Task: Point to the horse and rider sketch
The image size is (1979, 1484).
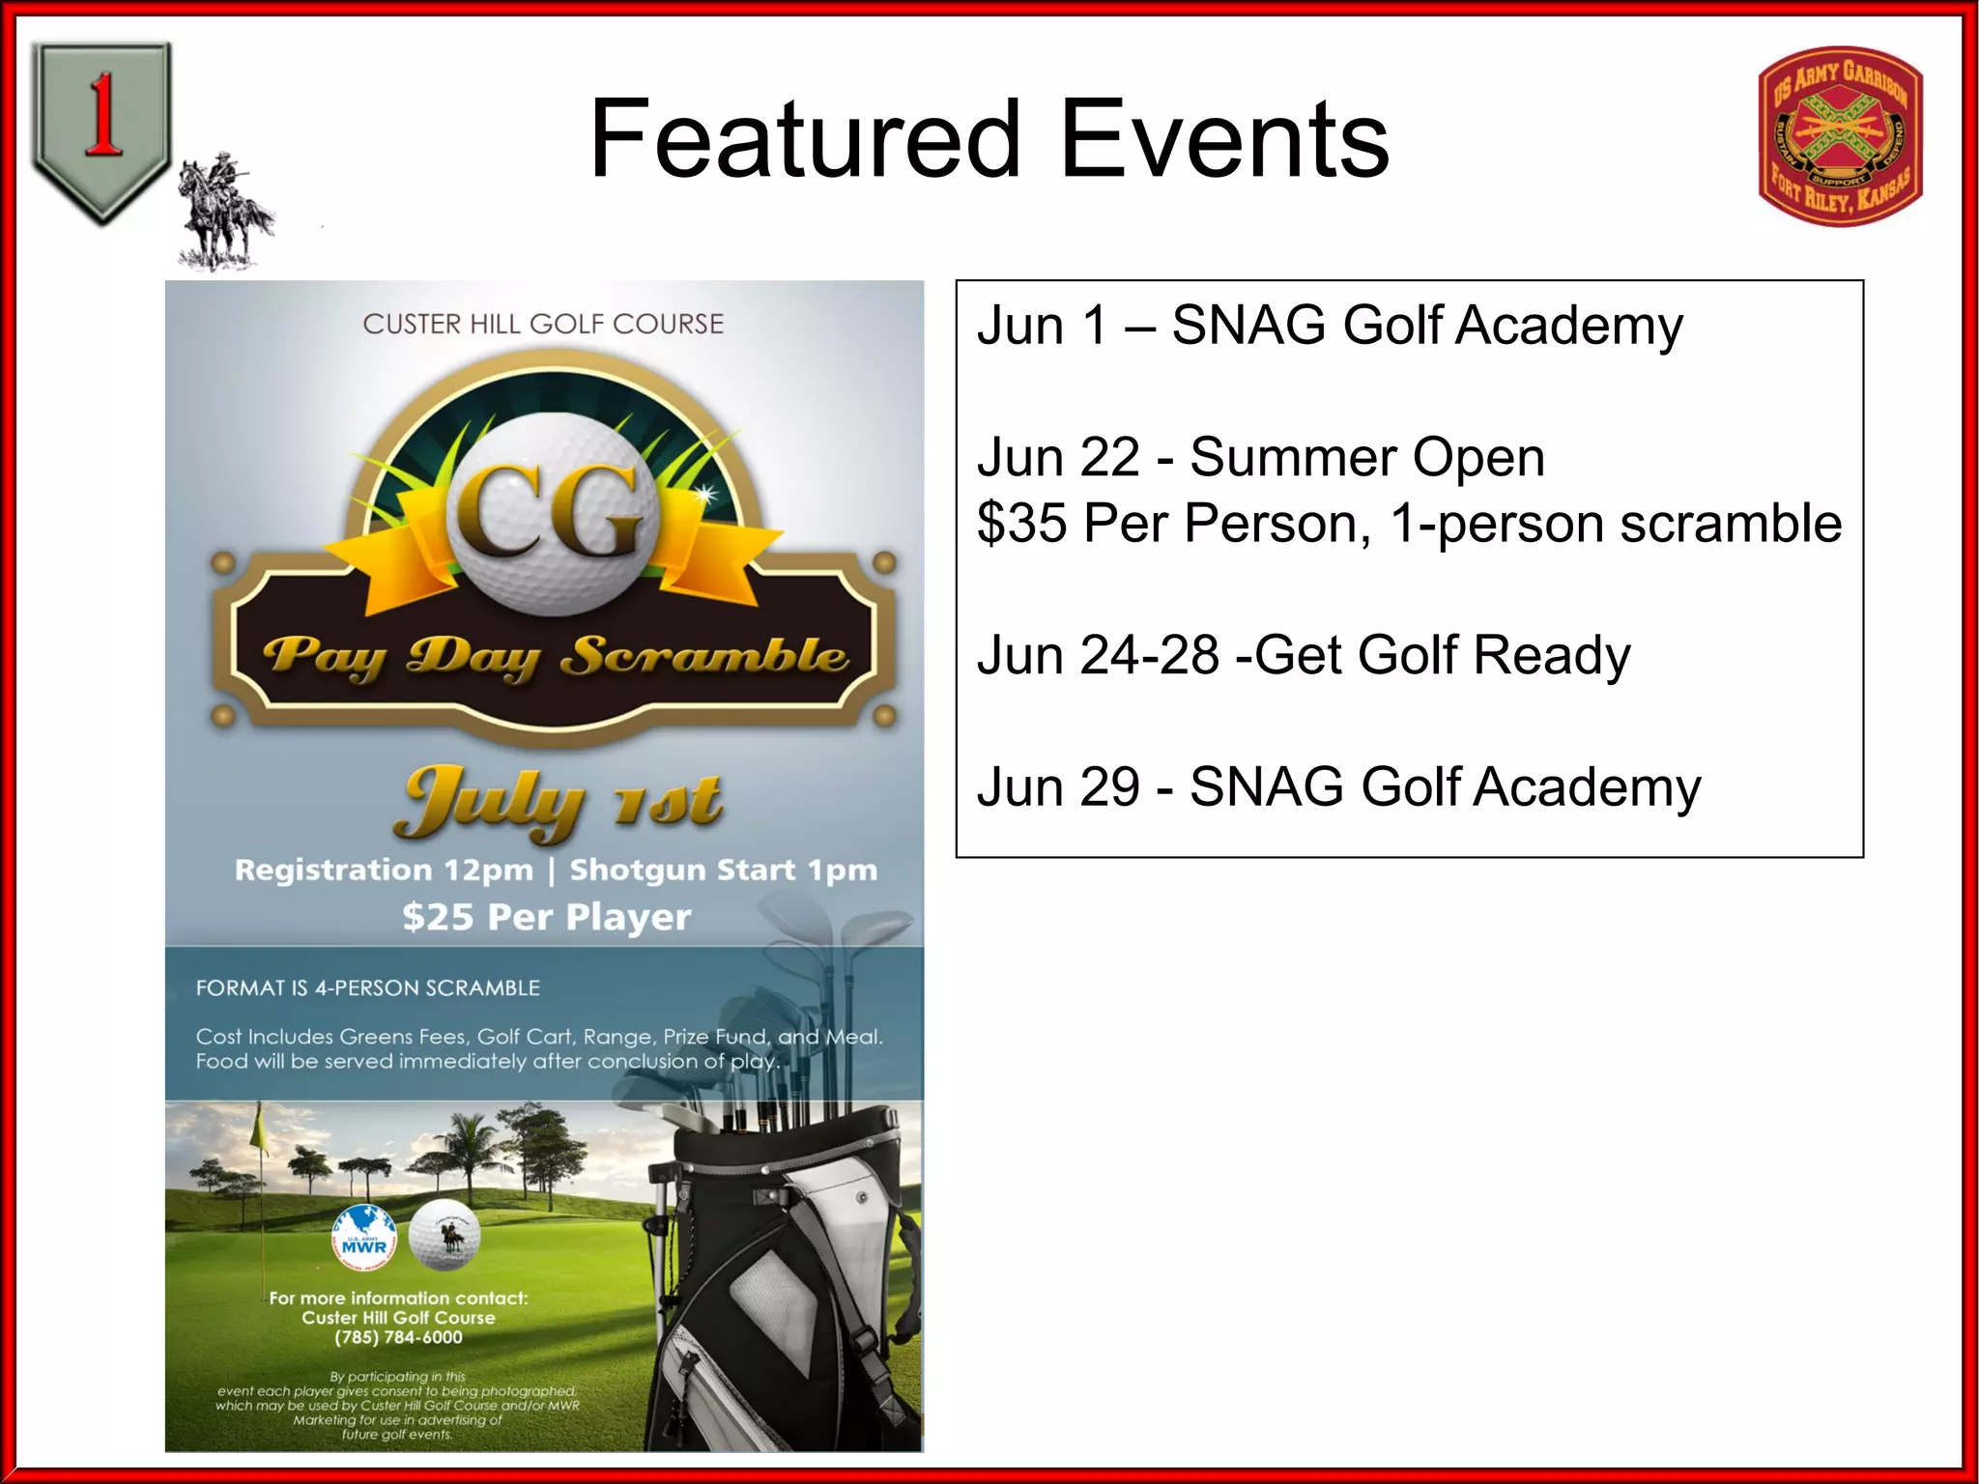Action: [224, 213]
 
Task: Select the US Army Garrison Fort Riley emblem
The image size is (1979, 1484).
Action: [1840, 136]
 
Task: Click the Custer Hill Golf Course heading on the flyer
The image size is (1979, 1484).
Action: [543, 324]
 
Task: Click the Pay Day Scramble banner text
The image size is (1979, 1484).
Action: [556, 657]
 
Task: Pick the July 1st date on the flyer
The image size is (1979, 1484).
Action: [558, 802]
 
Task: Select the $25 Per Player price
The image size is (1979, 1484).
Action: [547, 916]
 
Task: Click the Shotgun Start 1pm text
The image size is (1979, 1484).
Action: [723, 870]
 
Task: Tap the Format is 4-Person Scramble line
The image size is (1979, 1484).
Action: [368, 987]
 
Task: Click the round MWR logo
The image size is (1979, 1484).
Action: [363, 1238]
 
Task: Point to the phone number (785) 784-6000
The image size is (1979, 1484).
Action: [398, 1337]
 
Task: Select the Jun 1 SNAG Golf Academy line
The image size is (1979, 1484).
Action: [1330, 326]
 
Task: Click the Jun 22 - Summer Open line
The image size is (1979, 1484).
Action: [1260, 457]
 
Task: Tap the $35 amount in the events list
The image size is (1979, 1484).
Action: [1021, 524]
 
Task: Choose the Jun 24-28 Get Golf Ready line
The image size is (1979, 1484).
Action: [1303, 655]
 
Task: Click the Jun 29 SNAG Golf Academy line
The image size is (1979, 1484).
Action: [1338, 786]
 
